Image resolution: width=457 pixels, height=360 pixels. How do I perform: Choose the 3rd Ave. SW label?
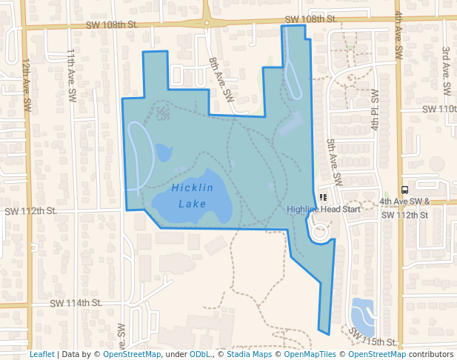[446, 70]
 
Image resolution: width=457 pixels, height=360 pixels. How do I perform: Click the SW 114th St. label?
[76, 302]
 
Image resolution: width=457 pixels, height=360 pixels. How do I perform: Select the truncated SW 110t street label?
[439, 109]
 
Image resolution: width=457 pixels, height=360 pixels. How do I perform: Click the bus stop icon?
[404, 190]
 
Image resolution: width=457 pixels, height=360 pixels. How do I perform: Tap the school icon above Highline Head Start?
[322, 198]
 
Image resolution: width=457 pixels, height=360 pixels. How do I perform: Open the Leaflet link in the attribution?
[41, 355]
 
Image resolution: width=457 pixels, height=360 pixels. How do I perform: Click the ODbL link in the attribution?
[200, 355]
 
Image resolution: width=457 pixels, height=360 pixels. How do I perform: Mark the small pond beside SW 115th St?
[363, 314]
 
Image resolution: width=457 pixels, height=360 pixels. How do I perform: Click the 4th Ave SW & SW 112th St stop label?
[404, 207]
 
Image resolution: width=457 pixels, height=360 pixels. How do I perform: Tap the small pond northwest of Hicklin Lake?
[161, 153]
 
